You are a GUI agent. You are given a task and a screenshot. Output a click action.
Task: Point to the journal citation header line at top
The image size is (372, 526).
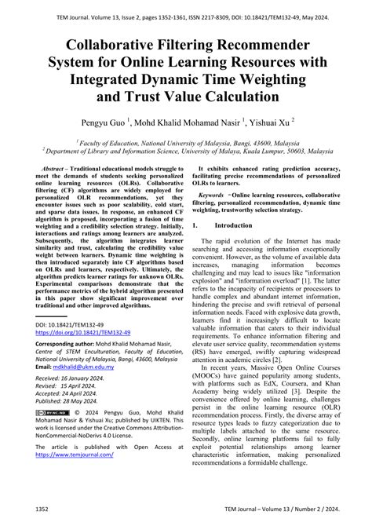(185, 10)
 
